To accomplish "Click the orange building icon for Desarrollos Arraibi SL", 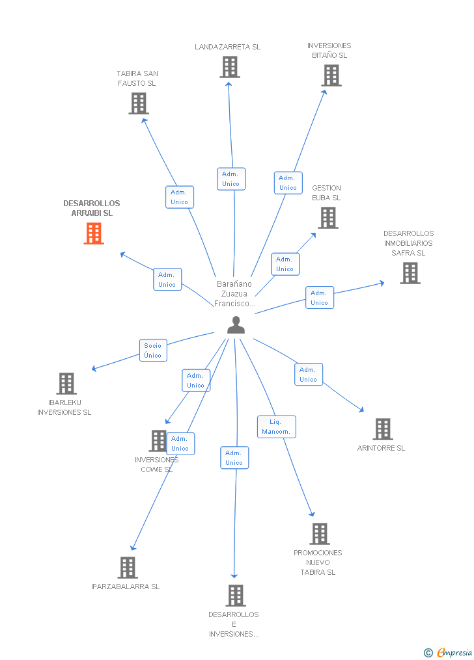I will click(x=94, y=233).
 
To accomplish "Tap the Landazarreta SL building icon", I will click(x=229, y=67).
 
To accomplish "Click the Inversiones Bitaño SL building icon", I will click(x=331, y=75).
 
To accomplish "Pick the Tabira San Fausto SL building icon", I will click(x=138, y=103).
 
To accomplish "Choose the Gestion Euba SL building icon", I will click(x=328, y=218).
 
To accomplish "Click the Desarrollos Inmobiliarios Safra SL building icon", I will click(x=410, y=273).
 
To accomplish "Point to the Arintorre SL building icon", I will click(x=382, y=429).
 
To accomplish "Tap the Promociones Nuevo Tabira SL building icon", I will click(x=319, y=534).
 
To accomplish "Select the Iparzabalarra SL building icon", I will click(x=128, y=568).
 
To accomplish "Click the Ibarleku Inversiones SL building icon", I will click(x=66, y=384).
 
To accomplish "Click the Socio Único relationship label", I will click(x=153, y=350).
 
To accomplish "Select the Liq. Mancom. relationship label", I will click(x=276, y=427).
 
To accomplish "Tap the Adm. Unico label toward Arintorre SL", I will click(x=308, y=375).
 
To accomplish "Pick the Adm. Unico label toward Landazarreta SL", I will click(x=231, y=179).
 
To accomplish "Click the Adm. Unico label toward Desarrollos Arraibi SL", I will click(x=167, y=279).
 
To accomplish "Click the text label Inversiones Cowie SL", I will click(x=156, y=464).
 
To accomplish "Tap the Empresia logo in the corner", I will click(x=449, y=652).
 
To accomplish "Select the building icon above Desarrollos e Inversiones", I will click(x=235, y=595).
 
